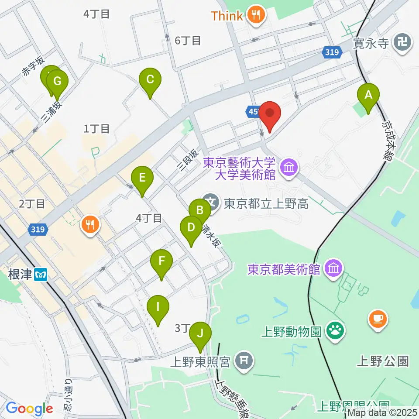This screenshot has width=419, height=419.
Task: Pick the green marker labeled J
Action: click(x=200, y=334)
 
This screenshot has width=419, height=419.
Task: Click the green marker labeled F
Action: click(x=161, y=262)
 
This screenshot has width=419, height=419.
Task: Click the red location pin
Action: click(x=270, y=113)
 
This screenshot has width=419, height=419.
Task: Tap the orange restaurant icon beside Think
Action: click(x=254, y=16)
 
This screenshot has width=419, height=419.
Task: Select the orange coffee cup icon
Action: click(x=378, y=318)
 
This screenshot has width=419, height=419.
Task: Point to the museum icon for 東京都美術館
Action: click(x=334, y=268)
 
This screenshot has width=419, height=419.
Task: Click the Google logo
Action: click(x=29, y=409)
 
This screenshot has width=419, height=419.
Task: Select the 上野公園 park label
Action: click(x=383, y=361)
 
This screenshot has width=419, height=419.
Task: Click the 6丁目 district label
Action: click(x=188, y=41)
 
